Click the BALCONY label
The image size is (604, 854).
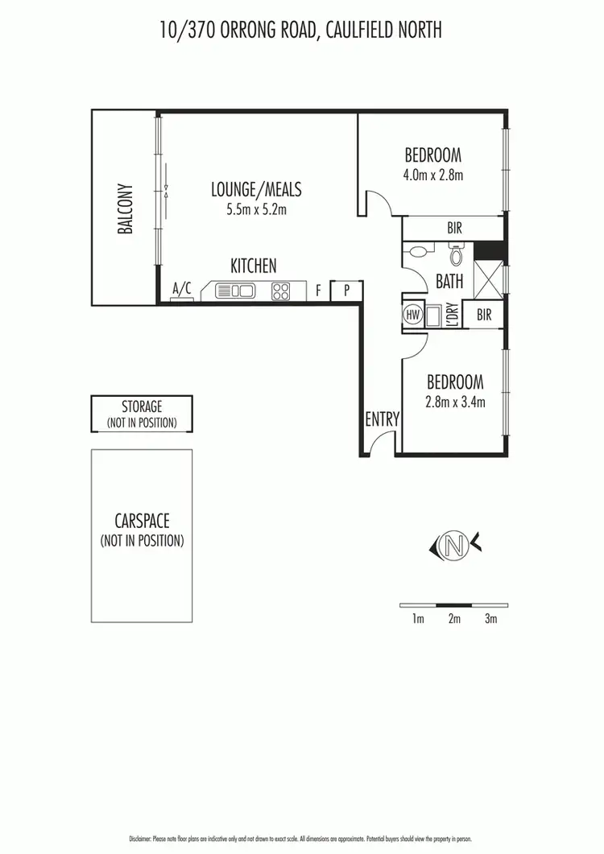click(x=126, y=212)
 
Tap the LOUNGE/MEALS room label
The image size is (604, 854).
click(x=256, y=190)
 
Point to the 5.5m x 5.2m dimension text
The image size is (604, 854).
click(x=256, y=210)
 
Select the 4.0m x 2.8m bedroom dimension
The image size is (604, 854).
click(x=432, y=174)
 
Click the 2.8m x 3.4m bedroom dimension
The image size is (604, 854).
click(x=455, y=402)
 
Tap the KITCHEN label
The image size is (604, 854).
click(x=254, y=266)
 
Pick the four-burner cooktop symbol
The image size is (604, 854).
click(x=280, y=291)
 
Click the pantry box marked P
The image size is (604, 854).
click(x=347, y=291)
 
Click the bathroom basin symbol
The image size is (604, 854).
click(x=417, y=252)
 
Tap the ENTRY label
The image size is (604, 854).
click(x=382, y=419)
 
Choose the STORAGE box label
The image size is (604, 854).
click(x=142, y=407)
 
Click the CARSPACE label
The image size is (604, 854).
click(x=142, y=522)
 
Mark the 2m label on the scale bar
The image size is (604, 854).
click(x=454, y=619)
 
